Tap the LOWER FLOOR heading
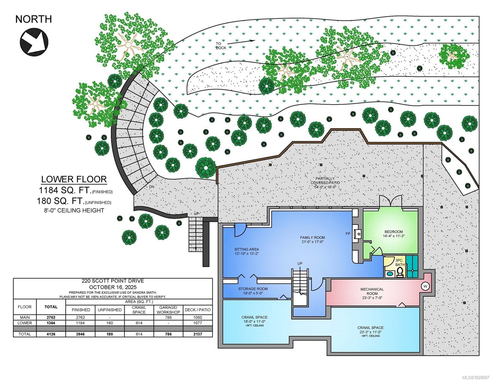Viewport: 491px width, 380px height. coord(74,179)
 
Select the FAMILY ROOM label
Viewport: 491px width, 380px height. coord(312,237)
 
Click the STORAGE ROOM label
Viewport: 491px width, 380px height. coord(253,289)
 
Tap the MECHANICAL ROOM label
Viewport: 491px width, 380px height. coord(372,289)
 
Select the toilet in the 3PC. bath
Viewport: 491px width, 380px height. coord(400,272)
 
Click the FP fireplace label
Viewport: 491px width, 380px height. coord(348,234)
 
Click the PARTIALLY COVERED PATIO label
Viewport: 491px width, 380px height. coord(325,181)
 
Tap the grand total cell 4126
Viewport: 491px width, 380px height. coord(51,334)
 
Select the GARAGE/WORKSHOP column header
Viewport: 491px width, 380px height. coord(168,310)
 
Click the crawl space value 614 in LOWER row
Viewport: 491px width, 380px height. coord(139,323)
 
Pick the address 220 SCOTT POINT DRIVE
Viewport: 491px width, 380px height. coord(113,281)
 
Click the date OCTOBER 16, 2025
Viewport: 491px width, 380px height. coord(113,287)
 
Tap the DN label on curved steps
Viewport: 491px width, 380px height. coord(152,187)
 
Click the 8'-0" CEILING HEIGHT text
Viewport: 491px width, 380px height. coord(74,210)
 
